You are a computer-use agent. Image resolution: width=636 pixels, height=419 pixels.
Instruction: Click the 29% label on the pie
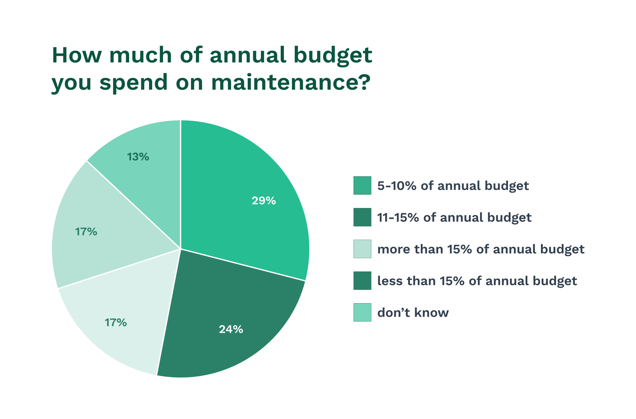[x=264, y=201]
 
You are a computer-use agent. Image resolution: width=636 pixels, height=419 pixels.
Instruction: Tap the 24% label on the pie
[x=231, y=329]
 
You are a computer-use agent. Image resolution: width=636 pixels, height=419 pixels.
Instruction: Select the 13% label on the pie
[x=138, y=157]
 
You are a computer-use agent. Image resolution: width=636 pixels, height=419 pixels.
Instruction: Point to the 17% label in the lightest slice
[x=116, y=323]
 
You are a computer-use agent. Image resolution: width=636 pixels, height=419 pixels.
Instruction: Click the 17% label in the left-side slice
[x=86, y=232]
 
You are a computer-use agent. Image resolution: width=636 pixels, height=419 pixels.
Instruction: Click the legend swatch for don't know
[x=362, y=312]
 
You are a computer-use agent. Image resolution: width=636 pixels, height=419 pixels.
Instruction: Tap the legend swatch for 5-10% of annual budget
[x=362, y=185]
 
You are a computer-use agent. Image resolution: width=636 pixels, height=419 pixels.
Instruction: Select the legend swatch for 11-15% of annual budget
[x=362, y=217]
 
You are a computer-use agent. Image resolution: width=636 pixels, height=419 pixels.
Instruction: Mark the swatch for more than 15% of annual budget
[x=362, y=249]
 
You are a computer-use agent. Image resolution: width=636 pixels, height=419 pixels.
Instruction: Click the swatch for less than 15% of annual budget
[x=362, y=281]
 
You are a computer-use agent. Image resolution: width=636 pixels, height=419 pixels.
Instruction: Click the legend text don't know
[x=413, y=313]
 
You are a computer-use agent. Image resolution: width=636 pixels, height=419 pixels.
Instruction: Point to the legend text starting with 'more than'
[x=481, y=249]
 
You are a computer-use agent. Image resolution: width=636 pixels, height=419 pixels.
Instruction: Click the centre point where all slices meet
[x=180, y=249]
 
